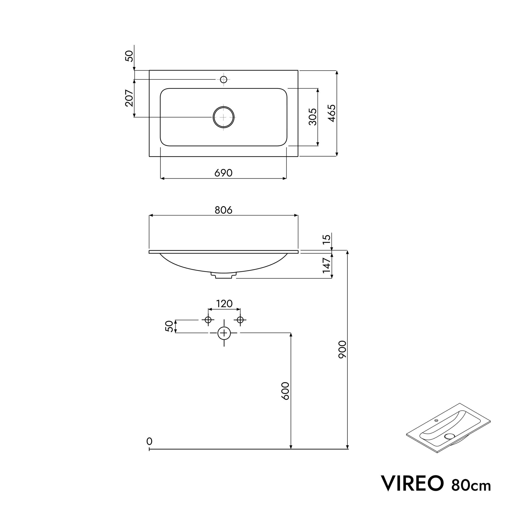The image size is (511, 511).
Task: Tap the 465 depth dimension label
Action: tap(332, 113)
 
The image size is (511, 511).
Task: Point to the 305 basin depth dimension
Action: tap(313, 117)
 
